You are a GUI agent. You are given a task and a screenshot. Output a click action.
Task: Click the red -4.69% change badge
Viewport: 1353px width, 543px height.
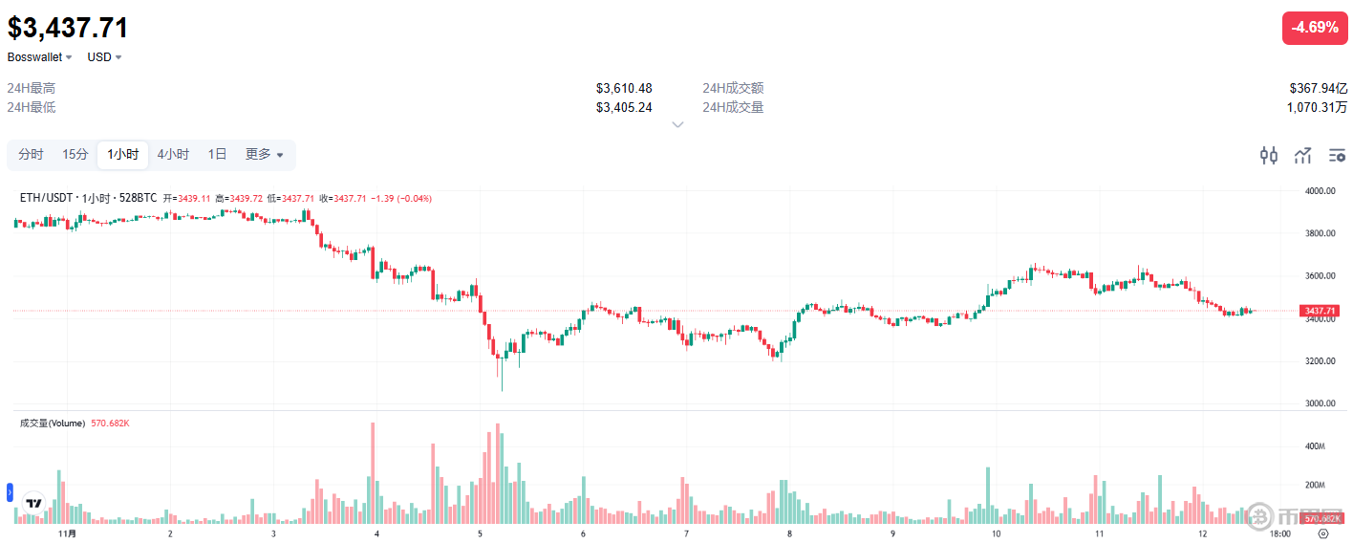[1314, 28]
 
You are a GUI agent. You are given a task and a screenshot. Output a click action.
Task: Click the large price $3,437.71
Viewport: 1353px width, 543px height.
[68, 28]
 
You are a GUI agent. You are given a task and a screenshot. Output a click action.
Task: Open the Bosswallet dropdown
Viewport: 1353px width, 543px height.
[40, 57]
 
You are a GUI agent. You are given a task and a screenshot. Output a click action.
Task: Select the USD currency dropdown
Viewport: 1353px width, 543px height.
[104, 57]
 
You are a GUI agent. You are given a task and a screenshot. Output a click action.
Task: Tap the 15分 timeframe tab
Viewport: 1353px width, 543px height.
[75, 155]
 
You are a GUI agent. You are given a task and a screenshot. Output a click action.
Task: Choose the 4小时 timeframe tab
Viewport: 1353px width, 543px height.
[173, 155]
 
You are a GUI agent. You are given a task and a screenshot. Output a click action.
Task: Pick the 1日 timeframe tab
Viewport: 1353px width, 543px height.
[217, 155]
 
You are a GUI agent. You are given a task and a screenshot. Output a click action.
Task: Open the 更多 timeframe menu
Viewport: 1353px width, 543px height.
[264, 155]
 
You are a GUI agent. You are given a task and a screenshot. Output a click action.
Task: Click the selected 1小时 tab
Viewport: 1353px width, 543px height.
[122, 155]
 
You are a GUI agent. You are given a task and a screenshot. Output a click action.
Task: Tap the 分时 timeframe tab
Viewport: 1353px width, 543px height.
[31, 155]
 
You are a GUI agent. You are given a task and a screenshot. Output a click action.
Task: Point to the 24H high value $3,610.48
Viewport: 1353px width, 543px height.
[624, 89]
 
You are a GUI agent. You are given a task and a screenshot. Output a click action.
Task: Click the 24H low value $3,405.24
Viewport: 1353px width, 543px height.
[624, 107]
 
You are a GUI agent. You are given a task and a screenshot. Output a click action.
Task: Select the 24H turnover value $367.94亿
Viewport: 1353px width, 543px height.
[1318, 89]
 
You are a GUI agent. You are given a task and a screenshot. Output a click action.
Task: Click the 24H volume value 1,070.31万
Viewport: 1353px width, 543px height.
[1317, 107]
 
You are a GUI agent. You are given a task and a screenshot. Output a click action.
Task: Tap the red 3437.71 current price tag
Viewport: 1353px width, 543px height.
[1320, 311]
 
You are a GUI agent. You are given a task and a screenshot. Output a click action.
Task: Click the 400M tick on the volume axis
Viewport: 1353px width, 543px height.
[1315, 446]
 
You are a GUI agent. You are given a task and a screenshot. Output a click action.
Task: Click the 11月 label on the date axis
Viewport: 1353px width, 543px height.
[67, 533]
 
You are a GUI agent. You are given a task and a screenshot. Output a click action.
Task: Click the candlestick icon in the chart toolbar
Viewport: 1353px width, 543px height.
[1269, 155]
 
